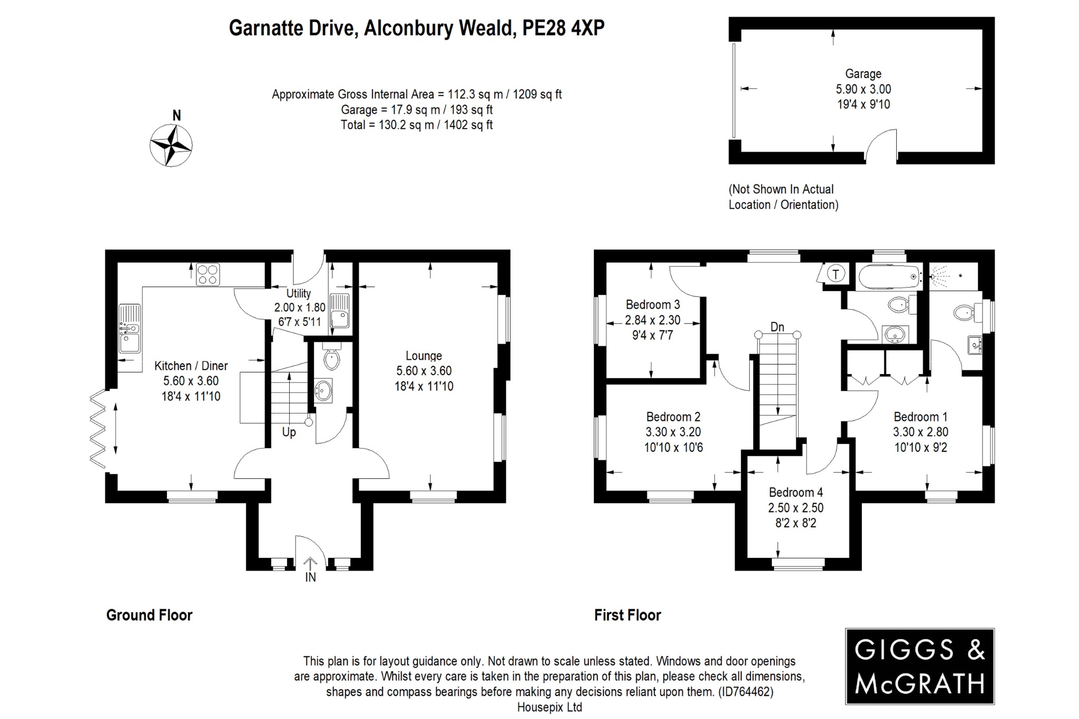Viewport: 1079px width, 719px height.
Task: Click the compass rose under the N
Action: pos(171,145)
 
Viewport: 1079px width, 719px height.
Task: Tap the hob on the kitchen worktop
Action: pos(208,274)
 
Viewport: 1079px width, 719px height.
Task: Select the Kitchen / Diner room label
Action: pos(191,366)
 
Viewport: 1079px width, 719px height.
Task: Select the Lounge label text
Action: pos(424,356)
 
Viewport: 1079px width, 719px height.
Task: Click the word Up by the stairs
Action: pos(289,432)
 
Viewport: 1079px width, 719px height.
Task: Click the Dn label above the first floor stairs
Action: pos(777,327)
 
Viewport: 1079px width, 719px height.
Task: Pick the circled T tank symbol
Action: pos(836,273)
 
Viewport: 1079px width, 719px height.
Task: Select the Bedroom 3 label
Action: pos(653,304)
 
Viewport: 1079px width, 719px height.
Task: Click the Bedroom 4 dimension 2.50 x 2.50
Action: pos(796,508)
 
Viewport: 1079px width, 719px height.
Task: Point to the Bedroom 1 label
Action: pos(920,417)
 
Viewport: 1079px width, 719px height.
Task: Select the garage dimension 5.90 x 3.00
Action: pos(863,89)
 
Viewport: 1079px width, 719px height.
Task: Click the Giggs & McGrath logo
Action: pos(919,666)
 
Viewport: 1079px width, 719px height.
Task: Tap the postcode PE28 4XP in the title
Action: pos(563,28)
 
